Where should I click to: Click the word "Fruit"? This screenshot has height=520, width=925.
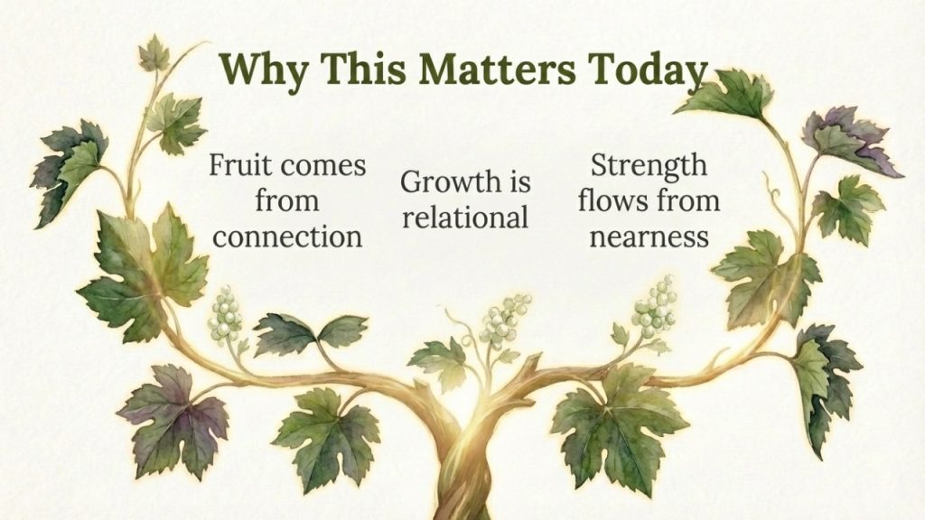pos(238,165)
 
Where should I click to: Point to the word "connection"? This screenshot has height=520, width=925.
pos(287,237)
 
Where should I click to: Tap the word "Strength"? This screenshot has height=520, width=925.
pos(649,166)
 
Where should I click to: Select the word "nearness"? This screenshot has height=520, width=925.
pos(649,237)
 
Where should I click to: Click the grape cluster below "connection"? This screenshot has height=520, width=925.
pos(225,313)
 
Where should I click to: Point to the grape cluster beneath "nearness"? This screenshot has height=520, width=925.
pos(655,307)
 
